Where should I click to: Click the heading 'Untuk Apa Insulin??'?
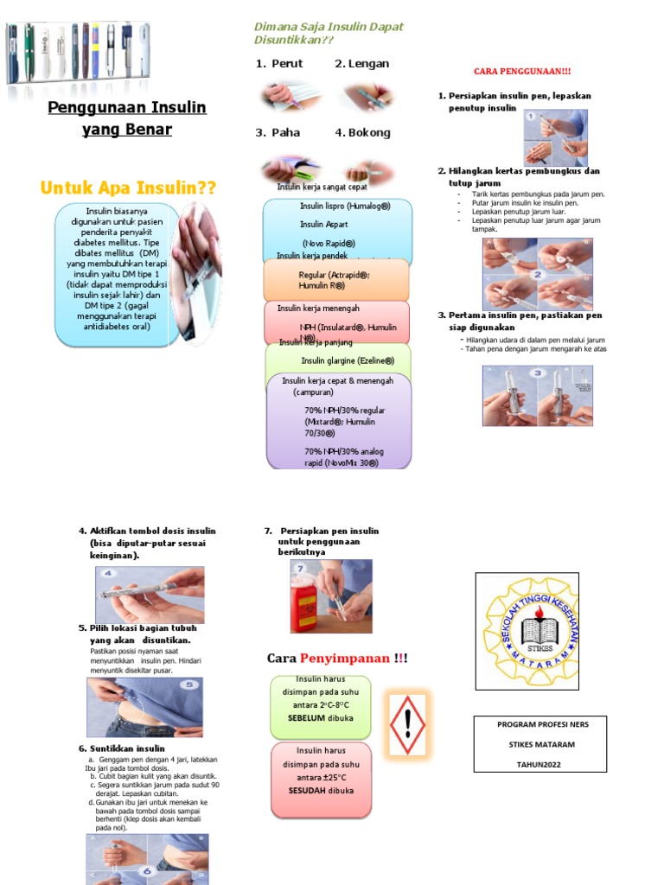(x=128, y=188)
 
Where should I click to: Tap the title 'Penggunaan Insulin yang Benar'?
(x=126, y=118)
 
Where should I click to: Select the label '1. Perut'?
(x=279, y=63)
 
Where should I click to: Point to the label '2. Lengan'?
(x=361, y=63)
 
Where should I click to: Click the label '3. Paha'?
(x=277, y=132)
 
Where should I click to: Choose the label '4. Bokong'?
(x=362, y=132)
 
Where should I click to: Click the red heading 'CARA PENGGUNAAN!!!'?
(x=522, y=70)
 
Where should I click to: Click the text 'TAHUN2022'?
(x=539, y=764)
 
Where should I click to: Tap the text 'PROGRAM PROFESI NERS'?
(x=540, y=725)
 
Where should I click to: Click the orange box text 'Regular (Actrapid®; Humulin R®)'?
(x=335, y=279)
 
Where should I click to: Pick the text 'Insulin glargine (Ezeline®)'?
(x=348, y=360)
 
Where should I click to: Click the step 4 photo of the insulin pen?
(x=150, y=595)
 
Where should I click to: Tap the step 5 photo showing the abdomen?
(x=145, y=706)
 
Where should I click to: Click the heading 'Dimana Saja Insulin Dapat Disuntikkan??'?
(x=328, y=34)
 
